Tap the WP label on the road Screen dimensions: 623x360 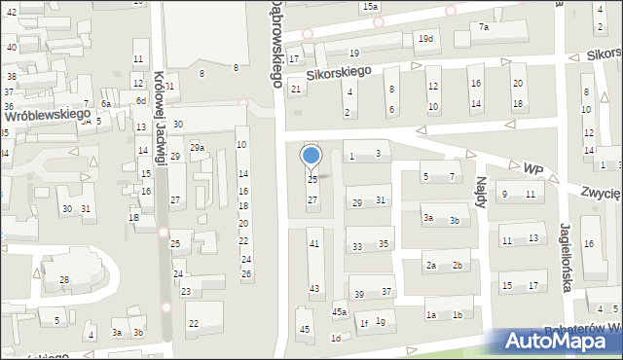point(532,168)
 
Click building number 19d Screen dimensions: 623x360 point(425,39)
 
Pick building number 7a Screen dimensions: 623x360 point(484,27)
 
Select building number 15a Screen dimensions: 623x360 point(371,7)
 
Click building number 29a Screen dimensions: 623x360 point(197,147)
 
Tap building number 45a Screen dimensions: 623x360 point(339,311)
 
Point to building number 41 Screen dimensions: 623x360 point(313,243)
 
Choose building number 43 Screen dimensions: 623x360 point(313,288)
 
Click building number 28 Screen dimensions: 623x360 point(64,280)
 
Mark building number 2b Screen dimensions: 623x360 point(457,266)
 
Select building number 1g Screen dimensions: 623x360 point(381,321)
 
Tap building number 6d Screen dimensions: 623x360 point(141,100)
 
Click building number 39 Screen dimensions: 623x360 point(359,294)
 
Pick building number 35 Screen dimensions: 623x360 point(385,244)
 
